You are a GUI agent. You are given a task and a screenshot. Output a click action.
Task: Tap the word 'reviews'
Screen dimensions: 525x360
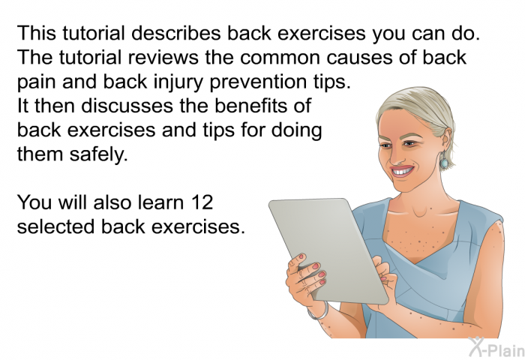coord(163,57)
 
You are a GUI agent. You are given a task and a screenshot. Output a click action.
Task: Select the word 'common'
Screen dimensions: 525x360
coord(280,58)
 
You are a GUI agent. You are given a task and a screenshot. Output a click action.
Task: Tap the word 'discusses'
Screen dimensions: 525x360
coord(127,106)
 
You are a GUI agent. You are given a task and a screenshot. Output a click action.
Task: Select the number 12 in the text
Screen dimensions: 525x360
coord(202,202)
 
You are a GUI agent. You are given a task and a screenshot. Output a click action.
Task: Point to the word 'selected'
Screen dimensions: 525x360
coord(56,226)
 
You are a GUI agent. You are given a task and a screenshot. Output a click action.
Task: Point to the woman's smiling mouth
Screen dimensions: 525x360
coord(403,171)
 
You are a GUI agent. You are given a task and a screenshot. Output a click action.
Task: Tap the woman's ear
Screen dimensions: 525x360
coord(446,140)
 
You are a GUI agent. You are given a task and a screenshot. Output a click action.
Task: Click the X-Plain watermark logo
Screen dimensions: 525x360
coord(496,347)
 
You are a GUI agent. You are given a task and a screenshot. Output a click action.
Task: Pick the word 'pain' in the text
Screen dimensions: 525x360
coord(37,82)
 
